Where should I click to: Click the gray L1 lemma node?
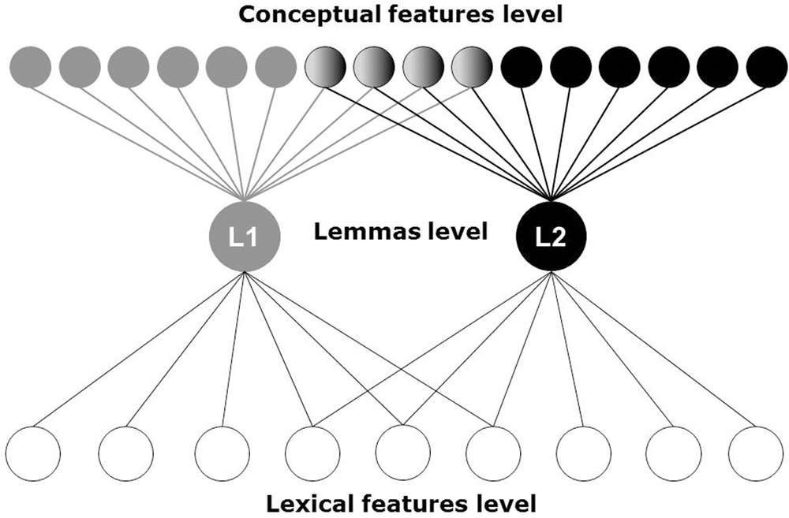(x=245, y=236)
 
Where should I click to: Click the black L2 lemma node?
(x=552, y=236)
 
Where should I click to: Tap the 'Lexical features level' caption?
(x=401, y=501)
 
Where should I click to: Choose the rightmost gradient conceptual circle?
(x=472, y=67)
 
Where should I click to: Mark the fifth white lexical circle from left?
(x=401, y=453)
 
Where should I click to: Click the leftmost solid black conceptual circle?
(x=522, y=67)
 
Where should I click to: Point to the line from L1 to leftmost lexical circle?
(x=140, y=348)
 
